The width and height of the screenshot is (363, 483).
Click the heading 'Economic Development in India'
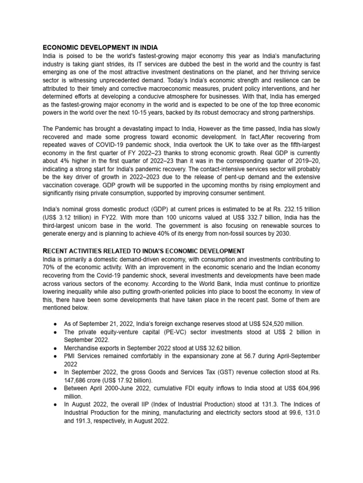[100, 48]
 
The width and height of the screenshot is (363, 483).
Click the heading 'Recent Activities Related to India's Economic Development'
[144, 250]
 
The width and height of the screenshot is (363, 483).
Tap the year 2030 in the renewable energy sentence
[283, 234]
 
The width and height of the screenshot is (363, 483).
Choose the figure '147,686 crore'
[82, 380]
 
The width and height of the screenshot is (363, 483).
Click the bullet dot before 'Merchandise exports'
[56, 348]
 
